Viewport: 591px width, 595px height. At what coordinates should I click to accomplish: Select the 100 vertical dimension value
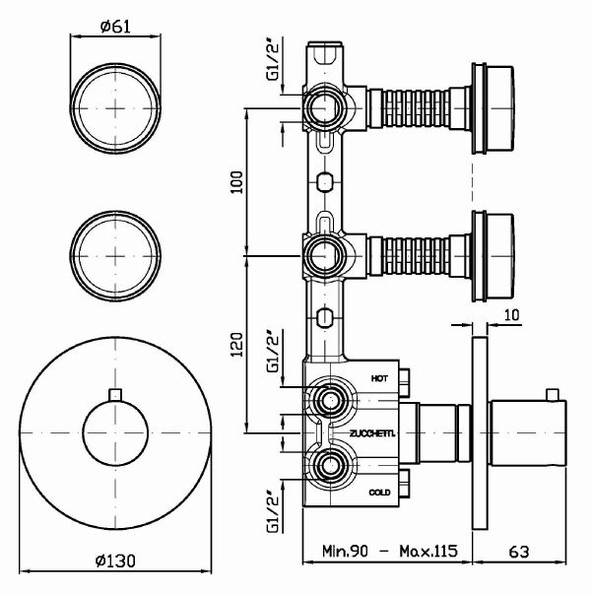[x=235, y=181]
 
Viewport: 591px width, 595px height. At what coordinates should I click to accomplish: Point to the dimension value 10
[x=510, y=314]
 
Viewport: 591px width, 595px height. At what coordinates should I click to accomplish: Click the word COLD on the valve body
[x=381, y=491]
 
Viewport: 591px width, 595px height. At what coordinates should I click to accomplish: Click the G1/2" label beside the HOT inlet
[x=274, y=359]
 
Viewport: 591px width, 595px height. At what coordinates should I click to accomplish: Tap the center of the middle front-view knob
[x=116, y=254]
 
